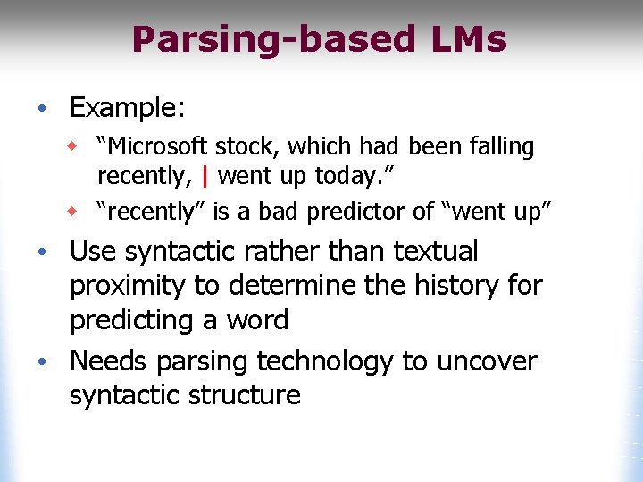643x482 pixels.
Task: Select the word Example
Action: [x=127, y=109]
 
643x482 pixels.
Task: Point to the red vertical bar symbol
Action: [x=205, y=176]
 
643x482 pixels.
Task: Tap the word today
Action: [x=349, y=176]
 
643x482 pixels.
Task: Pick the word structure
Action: [x=240, y=395]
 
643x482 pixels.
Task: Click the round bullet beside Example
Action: [x=41, y=110]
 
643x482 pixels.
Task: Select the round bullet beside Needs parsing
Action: [x=41, y=362]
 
